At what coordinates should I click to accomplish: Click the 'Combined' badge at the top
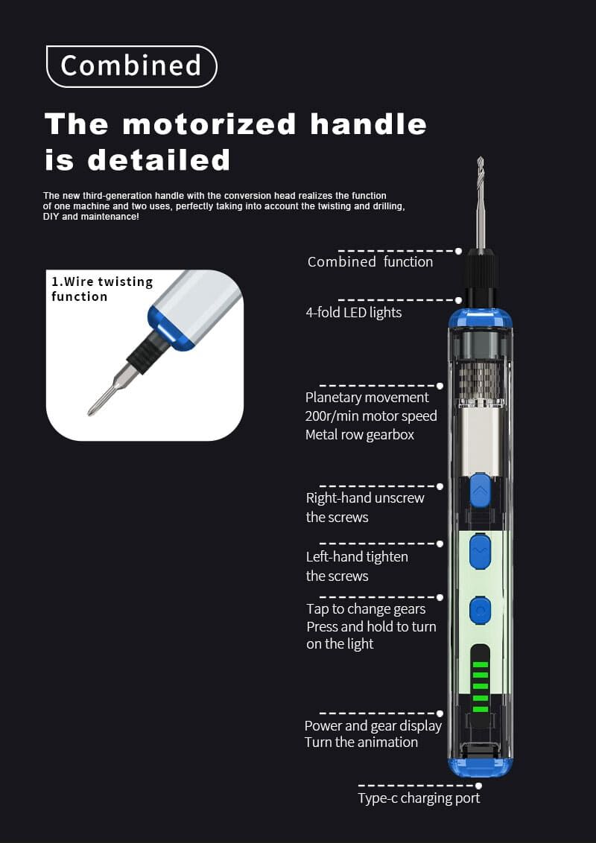[132, 66]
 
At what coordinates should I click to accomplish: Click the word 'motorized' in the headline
[209, 124]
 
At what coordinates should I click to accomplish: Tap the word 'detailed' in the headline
[159, 160]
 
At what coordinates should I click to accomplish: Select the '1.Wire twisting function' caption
[102, 289]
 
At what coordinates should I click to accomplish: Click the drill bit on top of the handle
[481, 203]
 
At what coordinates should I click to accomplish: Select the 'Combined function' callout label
[370, 262]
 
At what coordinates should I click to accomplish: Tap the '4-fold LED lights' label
[354, 312]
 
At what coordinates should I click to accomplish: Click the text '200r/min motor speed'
[371, 416]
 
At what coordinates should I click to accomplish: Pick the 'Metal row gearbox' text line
[360, 434]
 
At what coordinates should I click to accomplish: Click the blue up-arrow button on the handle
[480, 490]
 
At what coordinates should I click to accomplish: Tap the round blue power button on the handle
[480, 610]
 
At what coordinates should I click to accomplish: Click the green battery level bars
[480, 687]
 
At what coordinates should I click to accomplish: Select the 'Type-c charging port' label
[419, 798]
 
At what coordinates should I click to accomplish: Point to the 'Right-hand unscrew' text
[365, 498]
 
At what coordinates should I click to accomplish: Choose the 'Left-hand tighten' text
[357, 557]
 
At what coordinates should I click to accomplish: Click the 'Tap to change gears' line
[366, 609]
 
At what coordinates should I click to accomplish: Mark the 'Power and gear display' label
[373, 726]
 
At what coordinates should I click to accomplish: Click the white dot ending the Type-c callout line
[479, 786]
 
